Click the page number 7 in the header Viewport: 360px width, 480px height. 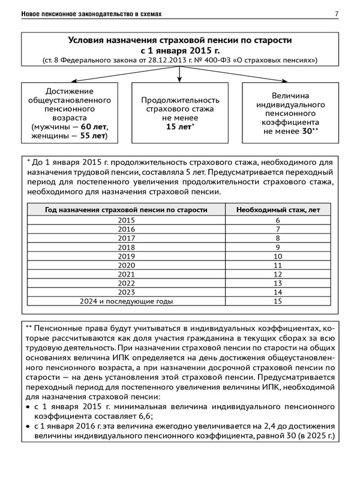pyautogui.click(x=336, y=13)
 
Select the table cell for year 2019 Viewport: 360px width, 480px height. pyautogui.click(x=127, y=256)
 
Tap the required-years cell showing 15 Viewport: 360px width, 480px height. pyautogui.click(x=277, y=301)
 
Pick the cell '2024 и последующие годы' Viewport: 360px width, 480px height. pyautogui.click(x=127, y=301)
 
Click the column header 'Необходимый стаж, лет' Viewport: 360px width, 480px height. pyautogui.click(x=277, y=210)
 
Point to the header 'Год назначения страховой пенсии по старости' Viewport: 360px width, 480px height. pyautogui.click(x=127, y=210)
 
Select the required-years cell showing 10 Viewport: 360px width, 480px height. pyautogui.click(x=277, y=256)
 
